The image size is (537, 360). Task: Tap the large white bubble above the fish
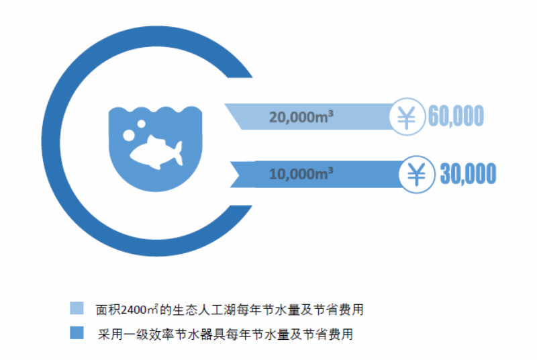point(129,135)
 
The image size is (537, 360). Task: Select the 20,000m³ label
point(302,117)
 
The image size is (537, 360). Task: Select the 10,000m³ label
point(302,174)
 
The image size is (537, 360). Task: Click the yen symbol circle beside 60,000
point(407,117)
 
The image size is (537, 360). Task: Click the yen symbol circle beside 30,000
point(418,174)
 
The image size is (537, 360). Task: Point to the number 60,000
point(456,117)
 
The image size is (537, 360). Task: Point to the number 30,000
point(468,174)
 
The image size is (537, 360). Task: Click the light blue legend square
point(77,308)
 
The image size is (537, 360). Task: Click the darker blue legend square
point(77,332)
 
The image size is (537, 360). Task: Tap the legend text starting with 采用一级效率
point(224,334)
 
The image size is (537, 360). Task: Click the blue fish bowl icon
point(154,144)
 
